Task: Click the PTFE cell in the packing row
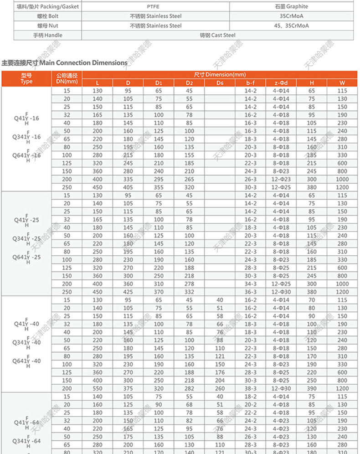click(155, 7)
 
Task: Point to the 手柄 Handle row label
click(47, 35)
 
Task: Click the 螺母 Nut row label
click(47, 26)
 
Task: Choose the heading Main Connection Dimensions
click(65, 62)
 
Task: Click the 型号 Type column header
click(26, 78)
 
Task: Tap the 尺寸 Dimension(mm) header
click(219, 74)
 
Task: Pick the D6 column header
click(220, 83)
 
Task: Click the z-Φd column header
click(281, 83)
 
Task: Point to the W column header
click(342, 83)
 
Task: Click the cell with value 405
click(128, 187)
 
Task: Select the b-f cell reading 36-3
click(251, 292)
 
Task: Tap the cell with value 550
click(98, 388)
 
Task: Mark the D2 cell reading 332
click(190, 292)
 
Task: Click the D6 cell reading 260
click(220, 388)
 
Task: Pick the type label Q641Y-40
click(26, 361)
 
